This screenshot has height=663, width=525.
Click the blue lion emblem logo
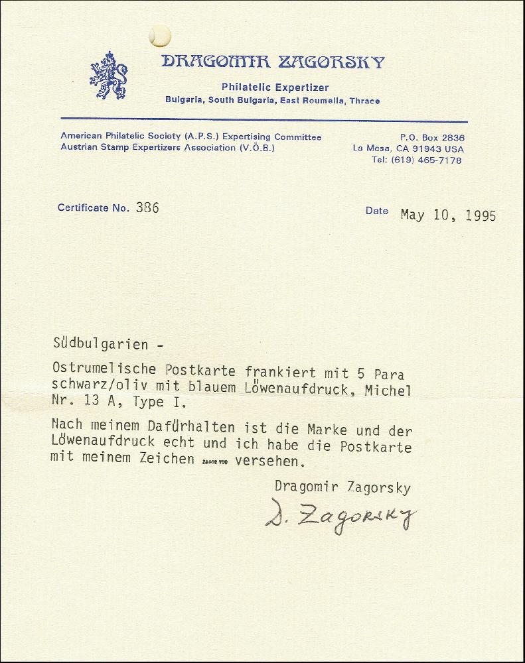click(x=109, y=75)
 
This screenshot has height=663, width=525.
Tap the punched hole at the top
click(x=159, y=35)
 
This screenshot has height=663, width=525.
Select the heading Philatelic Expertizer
click(x=275, y=88)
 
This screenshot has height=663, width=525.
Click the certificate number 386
click(x=147, y=208)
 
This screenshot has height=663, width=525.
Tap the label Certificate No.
click(x=93, y=208)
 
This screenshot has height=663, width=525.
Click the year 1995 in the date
click(x=479, y=215)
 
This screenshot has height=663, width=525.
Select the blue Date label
click(x=376, y=211)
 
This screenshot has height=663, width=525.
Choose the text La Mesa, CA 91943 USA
click(x=408, y=149)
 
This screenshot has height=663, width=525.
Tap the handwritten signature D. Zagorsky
click(x=341, y=516)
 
